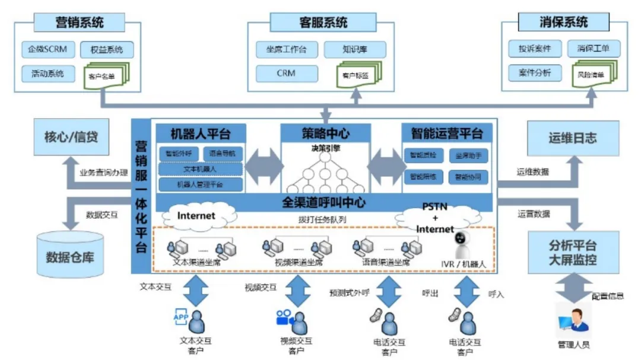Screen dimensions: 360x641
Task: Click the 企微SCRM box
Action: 47,49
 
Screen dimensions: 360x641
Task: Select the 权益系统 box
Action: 107,50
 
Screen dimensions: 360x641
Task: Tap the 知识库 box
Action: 355,50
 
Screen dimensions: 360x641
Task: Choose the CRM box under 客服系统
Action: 286,74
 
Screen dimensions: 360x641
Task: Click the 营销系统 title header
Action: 79,23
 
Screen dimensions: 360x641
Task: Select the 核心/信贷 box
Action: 71,137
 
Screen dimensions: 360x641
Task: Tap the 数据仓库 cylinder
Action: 70,256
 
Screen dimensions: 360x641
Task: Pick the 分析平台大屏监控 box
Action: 573,253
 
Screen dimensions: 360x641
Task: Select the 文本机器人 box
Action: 200,169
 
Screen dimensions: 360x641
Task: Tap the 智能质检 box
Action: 423,155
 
